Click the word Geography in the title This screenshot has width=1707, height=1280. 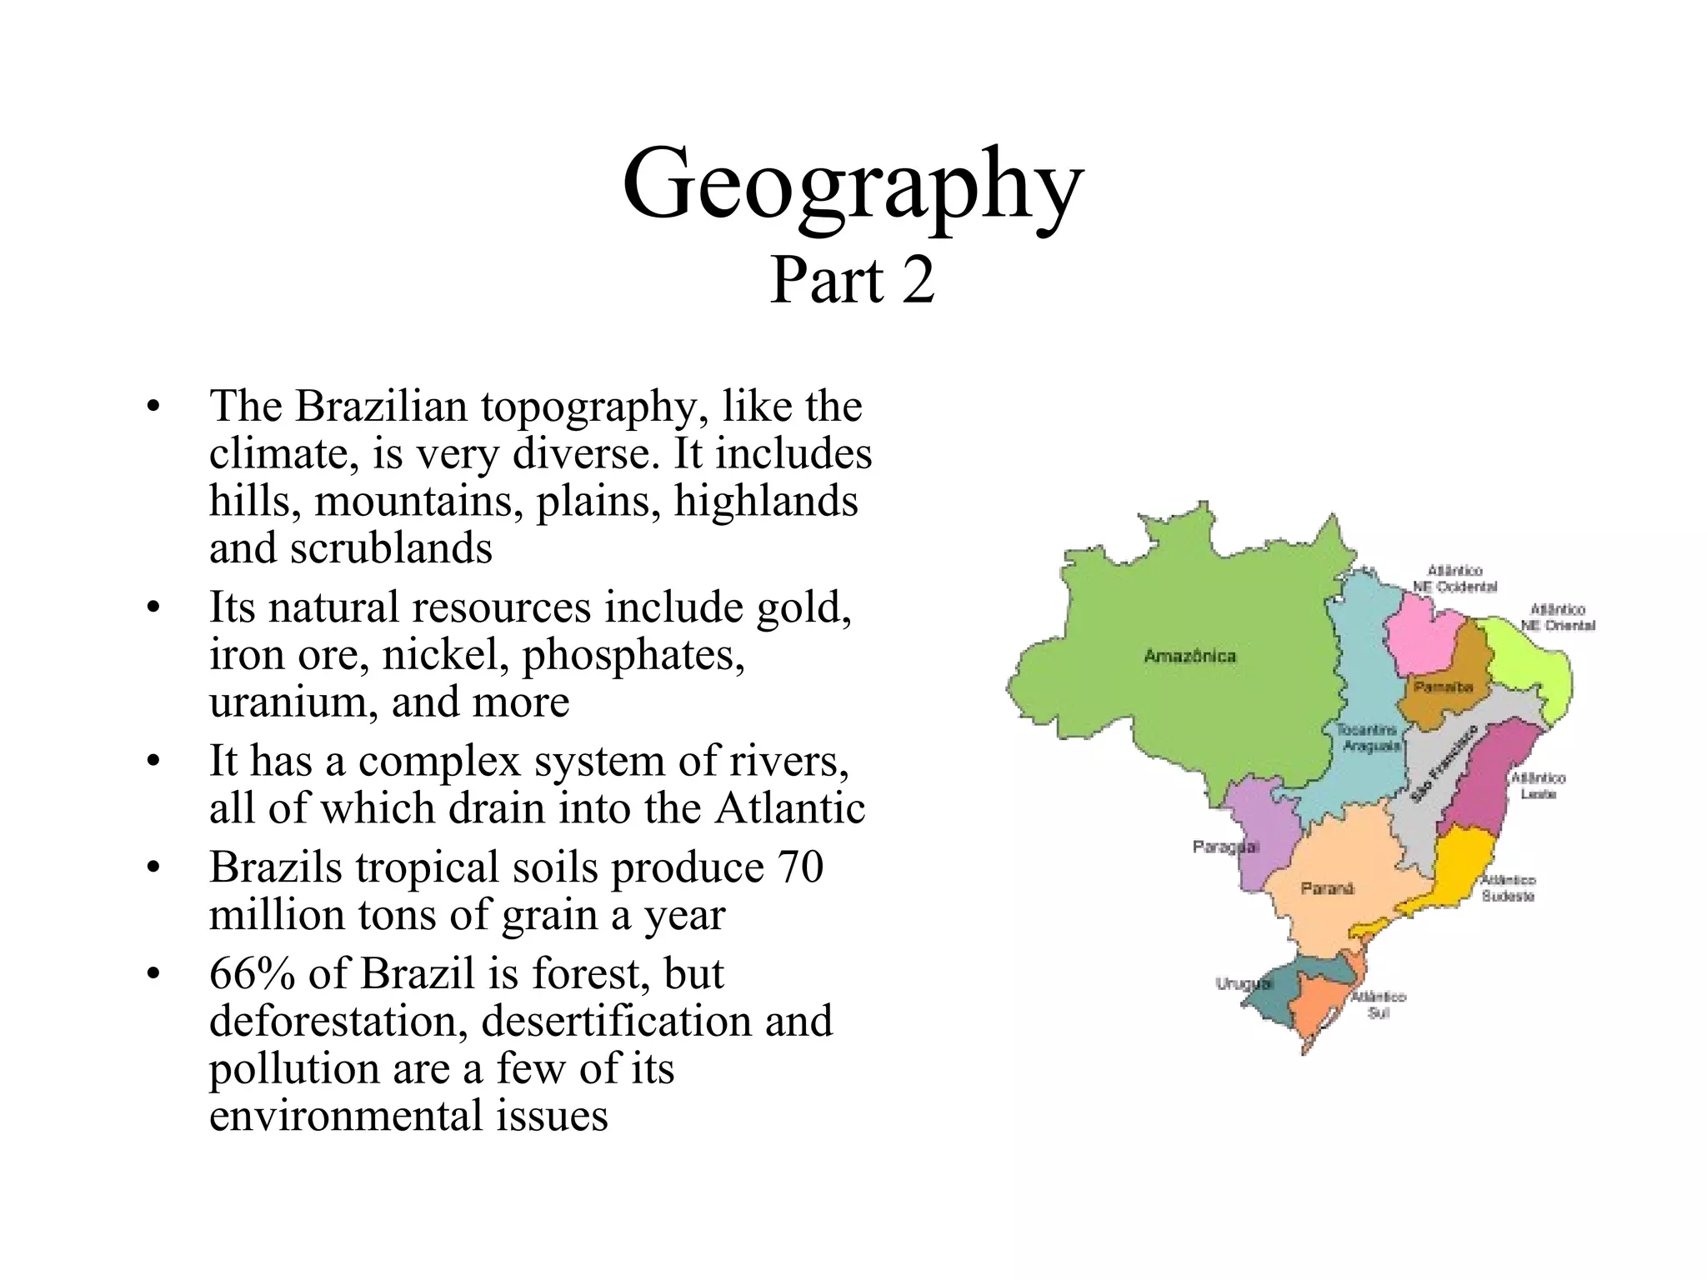pos(852,185)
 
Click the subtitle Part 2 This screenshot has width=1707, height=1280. pos(852,281)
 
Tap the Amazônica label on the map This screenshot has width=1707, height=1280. pos(1189,656)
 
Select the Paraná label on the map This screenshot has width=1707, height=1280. pos(1327,888)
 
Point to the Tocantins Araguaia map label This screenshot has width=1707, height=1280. pos(1368,737)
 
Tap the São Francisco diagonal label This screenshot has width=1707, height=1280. pos(1443,763)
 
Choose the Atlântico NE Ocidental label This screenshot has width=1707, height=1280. pos(1454,578)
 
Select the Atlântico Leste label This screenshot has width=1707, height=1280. pos(1539,785)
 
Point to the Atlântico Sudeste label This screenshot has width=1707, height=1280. pos(1508,887)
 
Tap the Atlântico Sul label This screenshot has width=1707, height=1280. pos(1378,1004)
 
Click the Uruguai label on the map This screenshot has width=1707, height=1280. pos(1244,983)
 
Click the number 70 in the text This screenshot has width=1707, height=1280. pos(799,867)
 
